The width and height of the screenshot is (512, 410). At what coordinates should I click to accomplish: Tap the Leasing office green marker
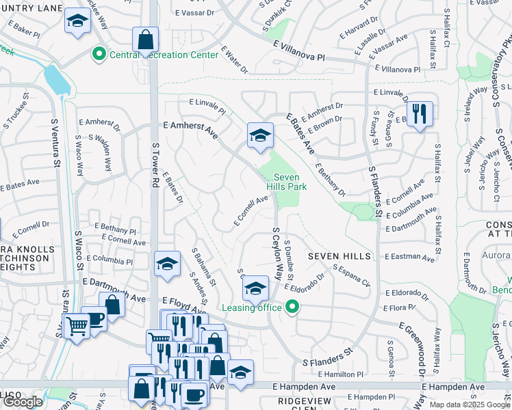293,307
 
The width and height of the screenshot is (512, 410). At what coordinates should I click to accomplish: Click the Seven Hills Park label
286,181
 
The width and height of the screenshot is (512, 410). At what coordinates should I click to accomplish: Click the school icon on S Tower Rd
167,264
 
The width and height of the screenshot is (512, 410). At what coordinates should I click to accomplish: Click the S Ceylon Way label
277,253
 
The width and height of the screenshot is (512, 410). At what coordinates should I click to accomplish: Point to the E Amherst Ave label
190,130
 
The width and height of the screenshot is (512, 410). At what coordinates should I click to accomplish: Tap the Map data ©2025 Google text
470,405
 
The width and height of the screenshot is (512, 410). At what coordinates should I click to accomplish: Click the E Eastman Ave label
410,258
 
